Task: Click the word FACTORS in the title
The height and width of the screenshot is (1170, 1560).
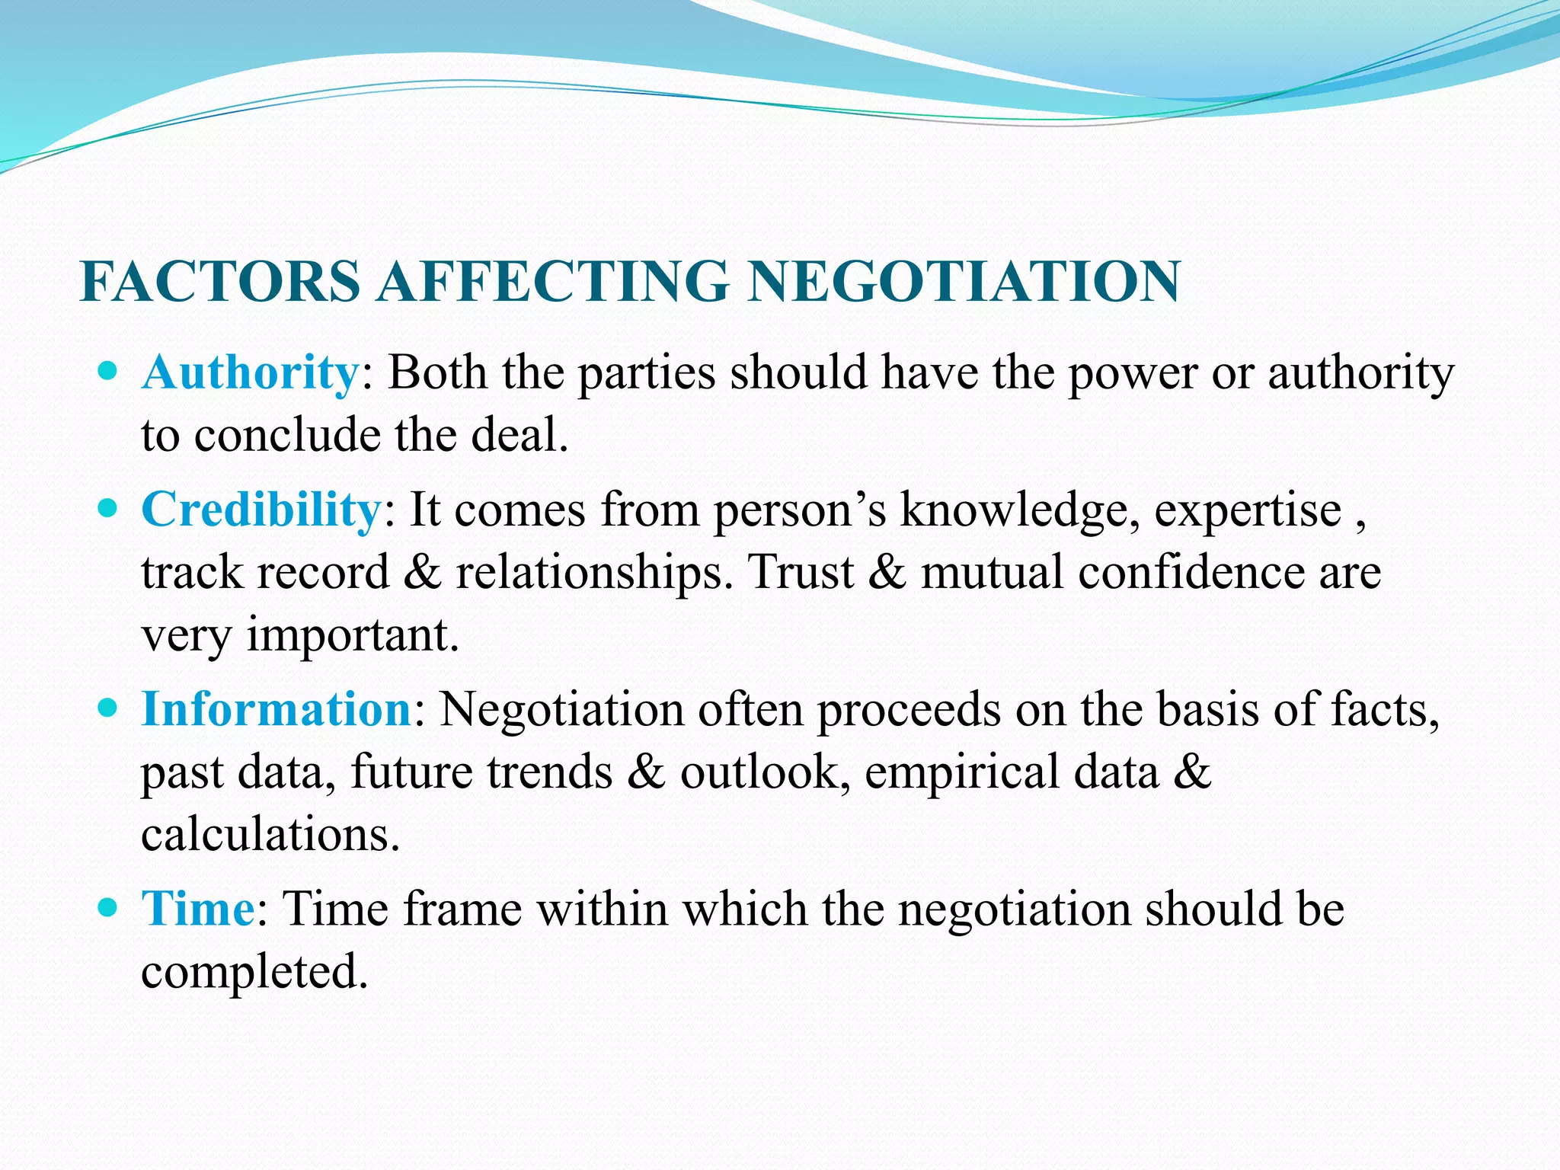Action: coord(220,281)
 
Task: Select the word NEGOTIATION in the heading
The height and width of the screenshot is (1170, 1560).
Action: coord(964,281)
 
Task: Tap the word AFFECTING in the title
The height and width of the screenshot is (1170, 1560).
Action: coord(554,281)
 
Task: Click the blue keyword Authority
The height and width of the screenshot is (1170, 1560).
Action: coord(250,373)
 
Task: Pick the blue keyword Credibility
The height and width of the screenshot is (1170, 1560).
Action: coord(261,510)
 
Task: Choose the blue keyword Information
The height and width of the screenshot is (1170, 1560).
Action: coord(277,709)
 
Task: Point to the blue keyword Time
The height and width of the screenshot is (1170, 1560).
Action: coord(198,909)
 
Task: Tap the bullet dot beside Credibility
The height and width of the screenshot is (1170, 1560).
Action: coord(108,510)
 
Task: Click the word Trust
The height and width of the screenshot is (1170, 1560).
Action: coord(801,572)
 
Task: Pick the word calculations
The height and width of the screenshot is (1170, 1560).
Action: coord(270,835)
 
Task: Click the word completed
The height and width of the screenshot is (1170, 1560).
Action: coord(254,973)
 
